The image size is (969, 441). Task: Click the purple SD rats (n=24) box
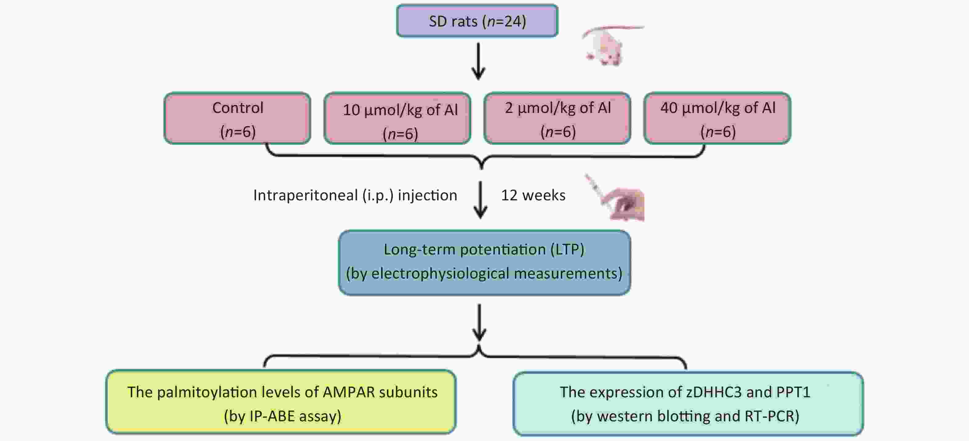tap(477, 21)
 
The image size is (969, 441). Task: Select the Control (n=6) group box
tap(237, 118)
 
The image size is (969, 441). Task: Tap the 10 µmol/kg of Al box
tap(397, 118)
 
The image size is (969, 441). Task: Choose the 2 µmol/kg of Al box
tap(557, 118)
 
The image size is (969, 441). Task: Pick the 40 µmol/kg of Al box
tap(717, 118)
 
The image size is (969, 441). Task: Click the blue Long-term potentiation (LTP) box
tap(484, 263)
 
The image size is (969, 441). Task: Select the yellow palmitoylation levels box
tap(281, 402)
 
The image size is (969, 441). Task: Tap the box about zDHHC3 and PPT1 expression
tap(688, 403)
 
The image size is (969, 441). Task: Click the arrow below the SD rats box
tap(478, 61)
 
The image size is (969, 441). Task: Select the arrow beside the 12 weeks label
tap(481, 199)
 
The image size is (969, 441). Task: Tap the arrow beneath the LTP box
tap(479, 322)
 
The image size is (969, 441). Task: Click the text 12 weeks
tap(533, 195)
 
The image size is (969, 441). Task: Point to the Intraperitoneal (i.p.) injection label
tap(355, 195)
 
